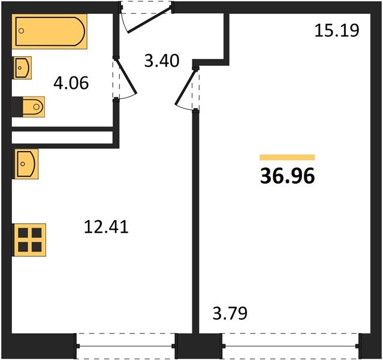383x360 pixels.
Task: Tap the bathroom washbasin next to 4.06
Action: coord(22,67)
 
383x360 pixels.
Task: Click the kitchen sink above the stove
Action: coord(25,163)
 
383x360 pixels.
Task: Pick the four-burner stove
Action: coord(29,239)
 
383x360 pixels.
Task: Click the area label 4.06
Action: coord(71,83)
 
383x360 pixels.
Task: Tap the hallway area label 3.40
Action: coord(161,60)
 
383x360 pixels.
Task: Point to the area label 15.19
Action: coord(336,30)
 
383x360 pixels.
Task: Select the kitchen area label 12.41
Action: coord(106,227)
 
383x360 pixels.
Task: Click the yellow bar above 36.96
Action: coord(287,157)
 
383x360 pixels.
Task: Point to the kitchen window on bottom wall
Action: coord(126,346)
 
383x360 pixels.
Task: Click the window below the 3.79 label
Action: coord(290,346)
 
